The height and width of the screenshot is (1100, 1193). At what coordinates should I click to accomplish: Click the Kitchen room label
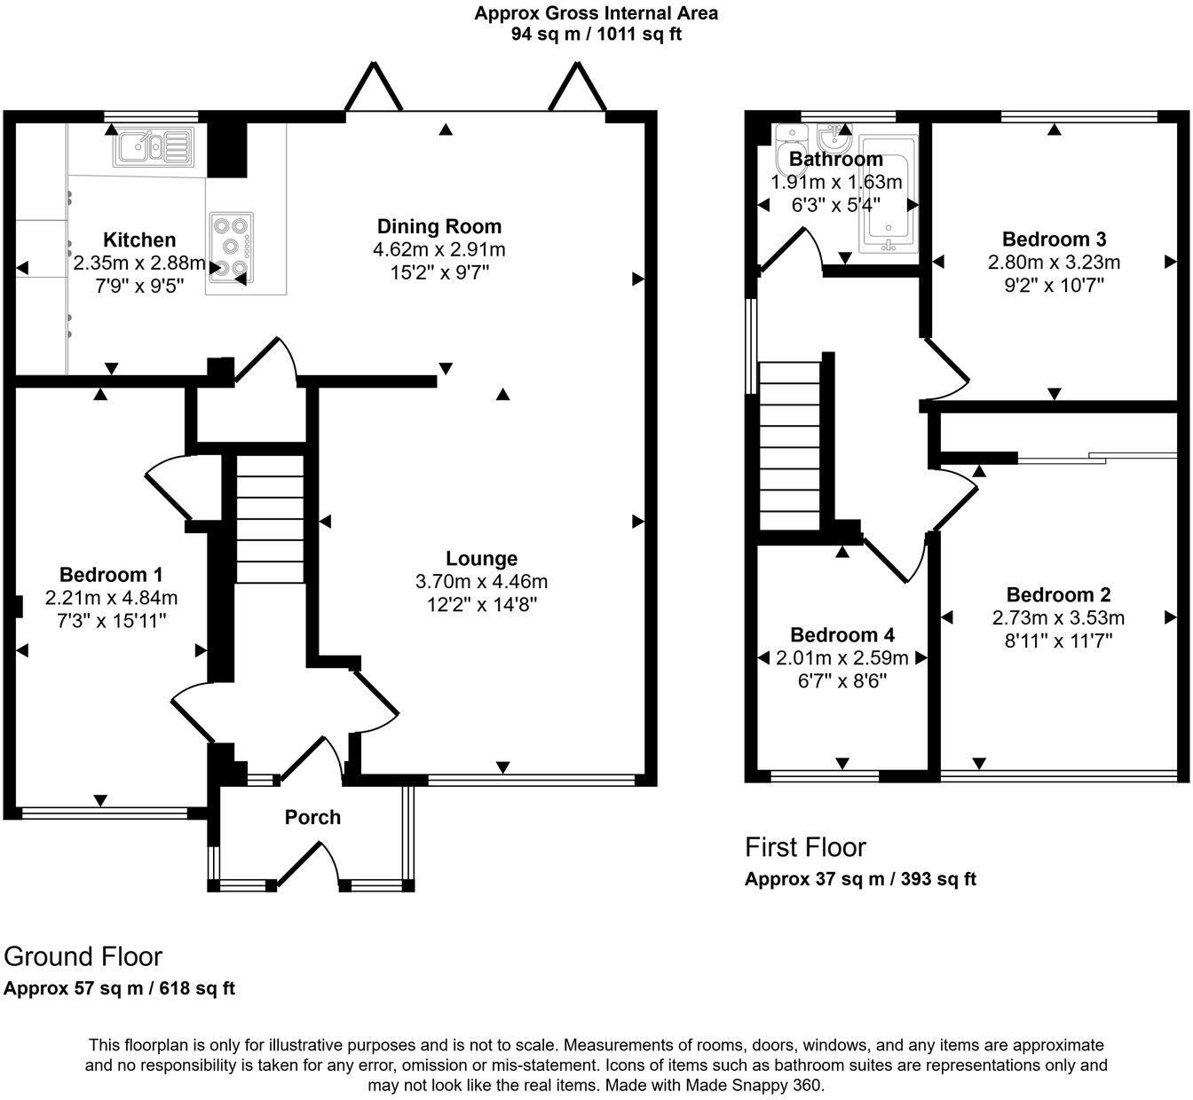click(139, 240)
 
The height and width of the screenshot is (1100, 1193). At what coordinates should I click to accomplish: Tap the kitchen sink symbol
click(154, 146)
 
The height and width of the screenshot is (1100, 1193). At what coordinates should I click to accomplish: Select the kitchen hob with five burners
click(232, 247)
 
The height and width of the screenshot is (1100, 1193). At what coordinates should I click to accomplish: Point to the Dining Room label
click(439, 226)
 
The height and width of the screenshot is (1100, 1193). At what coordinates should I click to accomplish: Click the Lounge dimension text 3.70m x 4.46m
click(481, 581)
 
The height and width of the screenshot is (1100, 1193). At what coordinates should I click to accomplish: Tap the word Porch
click(312, 817)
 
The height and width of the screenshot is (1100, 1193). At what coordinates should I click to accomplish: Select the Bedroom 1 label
click(111, 575)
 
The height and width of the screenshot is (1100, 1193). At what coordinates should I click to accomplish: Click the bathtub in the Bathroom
click(889, 194)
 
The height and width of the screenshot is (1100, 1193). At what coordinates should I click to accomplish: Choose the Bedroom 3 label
click(1055, 239)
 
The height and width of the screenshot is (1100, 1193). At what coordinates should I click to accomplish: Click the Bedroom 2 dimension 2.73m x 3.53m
click(1058, 617)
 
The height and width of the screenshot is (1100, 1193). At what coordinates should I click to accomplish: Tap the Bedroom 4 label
click(842, 634)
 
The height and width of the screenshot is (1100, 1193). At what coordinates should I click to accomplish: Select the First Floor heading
click(806, 847)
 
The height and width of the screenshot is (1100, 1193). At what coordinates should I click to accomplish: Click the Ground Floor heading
click(83, 956)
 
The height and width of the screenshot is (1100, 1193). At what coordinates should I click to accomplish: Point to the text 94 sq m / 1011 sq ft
click(596, 35)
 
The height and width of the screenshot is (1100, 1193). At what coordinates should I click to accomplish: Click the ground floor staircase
click(270, 519)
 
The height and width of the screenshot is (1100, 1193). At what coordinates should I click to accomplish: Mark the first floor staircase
click(790, 445)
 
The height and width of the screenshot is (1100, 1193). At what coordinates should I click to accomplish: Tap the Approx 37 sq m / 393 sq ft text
click(860, 879)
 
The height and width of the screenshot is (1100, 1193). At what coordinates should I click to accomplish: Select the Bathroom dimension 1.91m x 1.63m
click(836, 182)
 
